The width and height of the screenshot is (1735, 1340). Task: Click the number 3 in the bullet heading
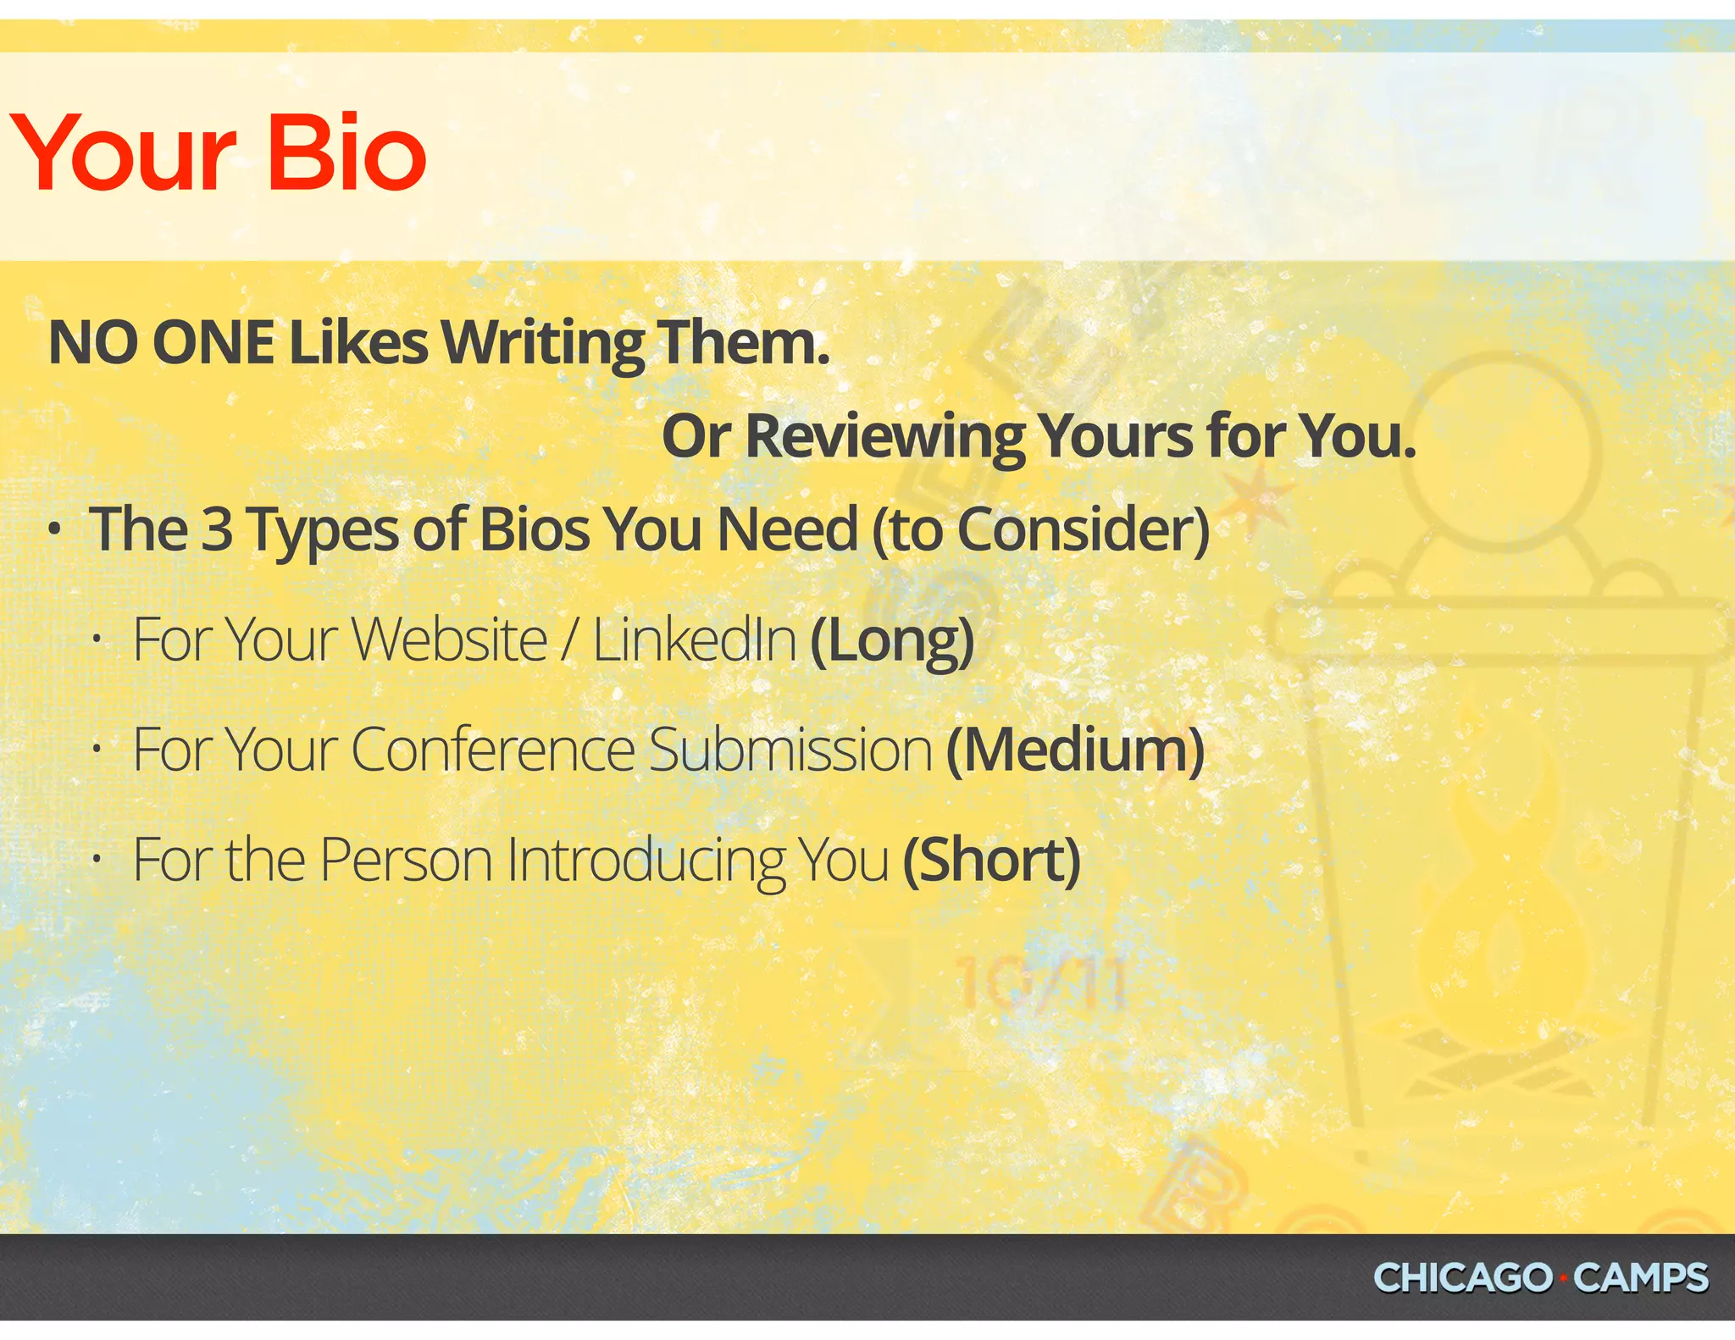[x=217, y=529]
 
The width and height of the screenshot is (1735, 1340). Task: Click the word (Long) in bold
[x=892, y=640]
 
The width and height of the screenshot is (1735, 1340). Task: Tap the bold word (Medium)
[x=1075, y=750]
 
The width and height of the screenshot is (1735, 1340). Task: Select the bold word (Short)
[x=991, y=861]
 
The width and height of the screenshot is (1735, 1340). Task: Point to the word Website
[x=449, y=640]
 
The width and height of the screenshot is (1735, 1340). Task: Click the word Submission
[x=790, y=750]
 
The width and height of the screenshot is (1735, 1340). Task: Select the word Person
[x=406, y=861]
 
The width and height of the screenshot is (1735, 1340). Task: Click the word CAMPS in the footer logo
[x=1640, y=1277]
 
